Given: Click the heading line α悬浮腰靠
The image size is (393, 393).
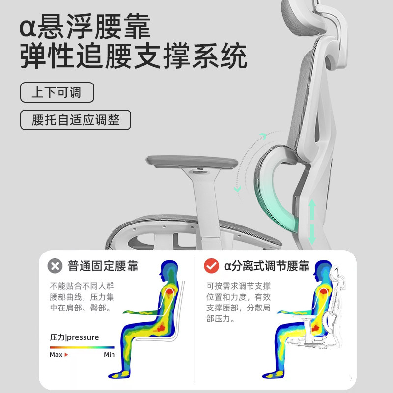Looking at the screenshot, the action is click(x=84, y=27).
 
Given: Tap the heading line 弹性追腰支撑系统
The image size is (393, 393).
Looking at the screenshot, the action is click(x=133, y=58).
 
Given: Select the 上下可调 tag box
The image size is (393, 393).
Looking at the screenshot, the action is click(x=56, y=92).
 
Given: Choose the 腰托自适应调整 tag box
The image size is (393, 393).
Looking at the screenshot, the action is click(x=75, y=120).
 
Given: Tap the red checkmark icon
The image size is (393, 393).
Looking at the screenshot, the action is click(x=211, y=266).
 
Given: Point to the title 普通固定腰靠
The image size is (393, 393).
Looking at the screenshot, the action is click(x=103, y=266).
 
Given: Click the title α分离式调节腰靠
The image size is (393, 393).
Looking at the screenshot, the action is click(x=266, y=266).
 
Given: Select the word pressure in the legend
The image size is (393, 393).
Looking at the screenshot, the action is click(x=83, y=337).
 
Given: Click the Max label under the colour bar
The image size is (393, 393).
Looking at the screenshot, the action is click(x=56, y=354).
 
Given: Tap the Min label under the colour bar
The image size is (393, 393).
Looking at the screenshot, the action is click(x=109, y=354).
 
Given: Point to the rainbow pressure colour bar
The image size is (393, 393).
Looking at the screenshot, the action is click(x=82, y=347).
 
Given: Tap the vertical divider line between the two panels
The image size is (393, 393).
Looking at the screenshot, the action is click(x=195, y=319).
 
